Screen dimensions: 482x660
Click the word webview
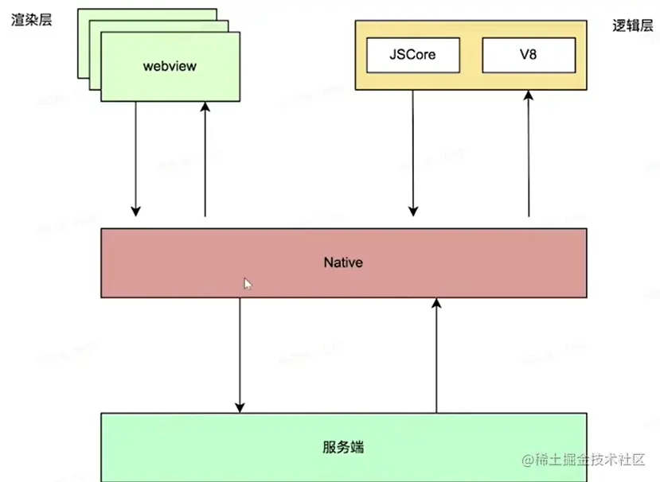click(170, 66)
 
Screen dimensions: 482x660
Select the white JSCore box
click(412, 56)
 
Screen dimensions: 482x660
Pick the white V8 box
click(528, 56)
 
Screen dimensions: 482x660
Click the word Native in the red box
click(343, 262)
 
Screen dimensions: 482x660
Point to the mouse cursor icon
click(248, 283)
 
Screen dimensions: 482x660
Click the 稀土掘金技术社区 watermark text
click(593, 460)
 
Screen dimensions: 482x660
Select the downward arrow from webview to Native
click(136, 159)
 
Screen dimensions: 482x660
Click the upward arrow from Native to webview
click(205, 159)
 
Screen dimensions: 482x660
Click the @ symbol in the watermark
click(528, 460)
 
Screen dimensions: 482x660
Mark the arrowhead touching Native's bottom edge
click(435, 304)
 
